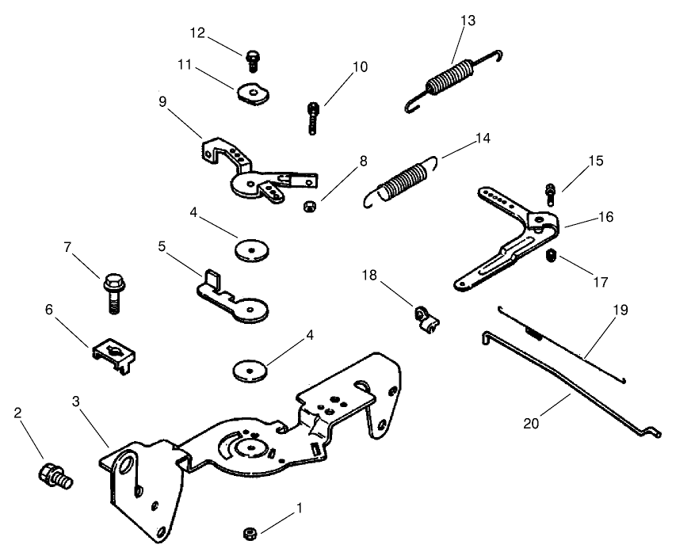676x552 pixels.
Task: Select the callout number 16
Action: pos(605,215)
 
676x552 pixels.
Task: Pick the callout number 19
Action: pos(620,310)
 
